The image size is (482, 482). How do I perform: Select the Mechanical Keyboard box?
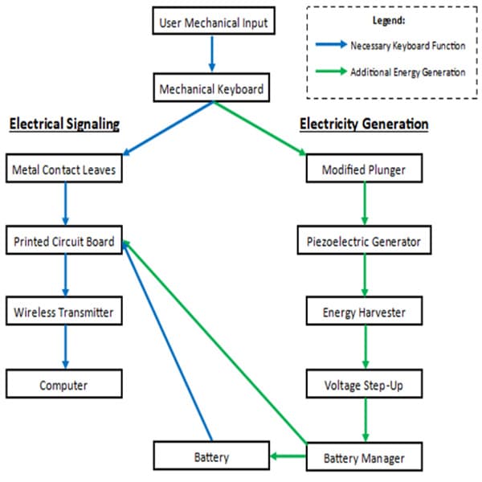[x=211, y=88]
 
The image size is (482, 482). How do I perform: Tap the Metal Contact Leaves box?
[x=64, y=170]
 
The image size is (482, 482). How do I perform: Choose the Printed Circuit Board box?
[x=64, y=241]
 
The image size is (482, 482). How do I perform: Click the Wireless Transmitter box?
[x=64, y=312]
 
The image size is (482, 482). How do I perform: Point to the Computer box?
[x=64, y=385]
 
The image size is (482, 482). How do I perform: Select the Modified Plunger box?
[x=365, y=170]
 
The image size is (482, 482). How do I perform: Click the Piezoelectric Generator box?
[x=365, y=241]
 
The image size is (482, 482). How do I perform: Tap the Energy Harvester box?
[x=365, y=312]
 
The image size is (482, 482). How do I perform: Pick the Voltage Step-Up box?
[x=365, y=385]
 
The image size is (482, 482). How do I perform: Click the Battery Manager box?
[x=365, y=457]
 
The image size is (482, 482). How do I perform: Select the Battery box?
[x=211, y=457]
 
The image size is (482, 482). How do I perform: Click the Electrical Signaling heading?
[x=64, y=124]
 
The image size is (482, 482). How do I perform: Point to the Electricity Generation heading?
[x=364, y=124]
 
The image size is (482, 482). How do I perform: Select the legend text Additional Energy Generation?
[x=407, y=72]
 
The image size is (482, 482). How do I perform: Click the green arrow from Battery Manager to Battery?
[x=288, y=457]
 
